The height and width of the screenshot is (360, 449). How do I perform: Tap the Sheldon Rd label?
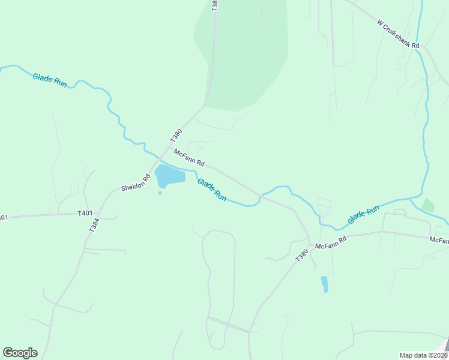click(136, 183)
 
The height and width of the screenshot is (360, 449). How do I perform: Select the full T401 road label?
click(85, 213)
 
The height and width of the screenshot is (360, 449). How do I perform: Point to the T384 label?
click(94, 224)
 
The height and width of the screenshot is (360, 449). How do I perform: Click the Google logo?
click(20, 352)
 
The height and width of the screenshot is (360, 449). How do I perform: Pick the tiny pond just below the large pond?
click(160, 193)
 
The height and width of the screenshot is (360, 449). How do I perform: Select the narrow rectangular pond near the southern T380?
click(325, 283)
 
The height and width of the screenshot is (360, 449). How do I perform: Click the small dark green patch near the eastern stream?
click(428, 205)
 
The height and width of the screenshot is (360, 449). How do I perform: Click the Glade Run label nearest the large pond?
click(212, 189)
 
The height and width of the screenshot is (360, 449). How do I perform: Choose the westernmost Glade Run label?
click(49, 80)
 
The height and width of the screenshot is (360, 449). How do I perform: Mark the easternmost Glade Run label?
click(363, 215)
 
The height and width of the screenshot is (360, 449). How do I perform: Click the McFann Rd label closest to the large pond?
click(190, 158)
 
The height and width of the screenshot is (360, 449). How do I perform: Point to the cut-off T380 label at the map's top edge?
click(215, 5)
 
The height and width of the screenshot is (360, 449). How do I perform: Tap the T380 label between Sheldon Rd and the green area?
click(176, 136)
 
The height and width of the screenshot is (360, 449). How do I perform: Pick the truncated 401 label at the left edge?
click(4, 218)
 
